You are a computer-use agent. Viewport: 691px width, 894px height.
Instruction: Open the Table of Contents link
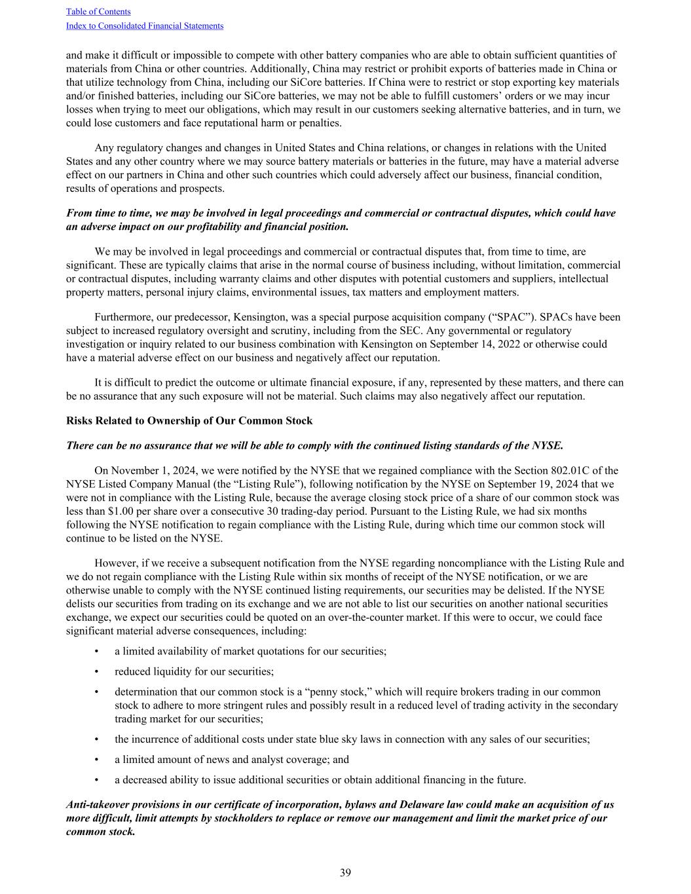pyautogui.click(x=98, y=11)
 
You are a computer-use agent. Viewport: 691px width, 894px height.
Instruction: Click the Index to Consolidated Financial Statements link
pyautogui.click(x=145, y=26)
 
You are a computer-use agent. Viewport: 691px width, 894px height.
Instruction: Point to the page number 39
pyautogui.click(x=345, y=872)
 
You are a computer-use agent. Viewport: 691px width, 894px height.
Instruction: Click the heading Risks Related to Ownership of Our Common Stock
pyautogui.click(x=189, y=420)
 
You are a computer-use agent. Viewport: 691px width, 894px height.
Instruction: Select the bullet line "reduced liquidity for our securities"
pyautogui.click(x=194, y=671)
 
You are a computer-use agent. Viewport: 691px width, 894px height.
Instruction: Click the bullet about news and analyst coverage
pyautogui.click(x=232, y=759)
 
